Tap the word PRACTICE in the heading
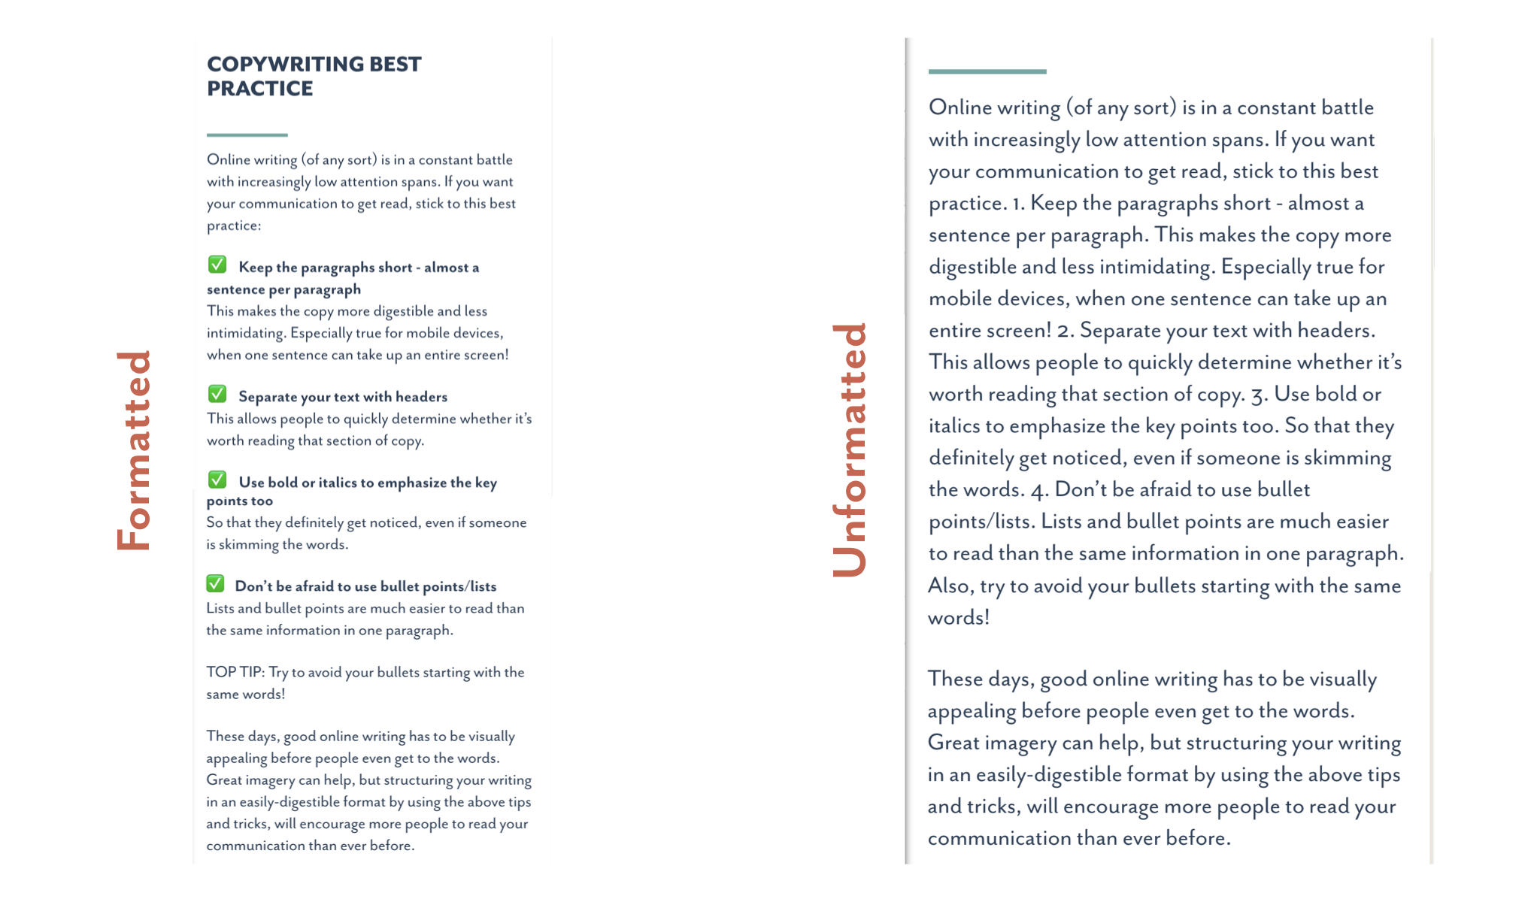pyautogui.click(x=259, y=89)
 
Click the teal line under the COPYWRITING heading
pyautogui.click(x=247, y=135)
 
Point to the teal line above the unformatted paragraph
pyautogui.click(x=987, y=72)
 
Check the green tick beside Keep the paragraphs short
pyautogui.click(x=217, y=265)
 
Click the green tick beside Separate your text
pyautogui.click(x=217, y=394)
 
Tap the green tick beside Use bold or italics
pyautogui.click(x=217, y=480)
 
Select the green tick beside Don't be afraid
pyautogui.click(x=215, y=583)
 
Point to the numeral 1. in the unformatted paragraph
pyautogui.click(x=1018, y=204)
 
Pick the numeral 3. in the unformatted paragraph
pyautogui.click(x=1258, y=395)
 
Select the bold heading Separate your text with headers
pyautogui.click(x=342, y=397)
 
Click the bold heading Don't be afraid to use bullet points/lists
pyautogui.click(x=365, y=586)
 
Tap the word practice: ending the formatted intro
pyautogui.click(x=234, y=225)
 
